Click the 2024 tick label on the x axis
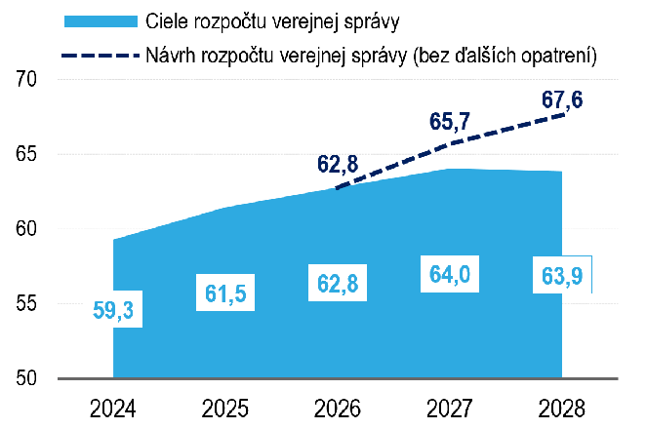[113, 405]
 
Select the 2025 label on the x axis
[225, 405]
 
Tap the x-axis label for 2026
[338, 405]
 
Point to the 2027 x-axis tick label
[450, 405]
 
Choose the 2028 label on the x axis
[562, 405]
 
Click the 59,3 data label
[113, 311]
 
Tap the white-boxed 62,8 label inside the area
[338, 283]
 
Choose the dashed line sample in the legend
[97, 56]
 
